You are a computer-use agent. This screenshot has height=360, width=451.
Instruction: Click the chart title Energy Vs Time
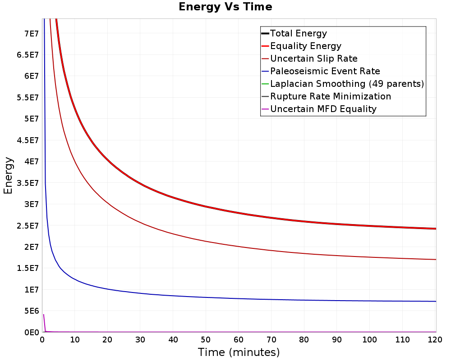(225, 7)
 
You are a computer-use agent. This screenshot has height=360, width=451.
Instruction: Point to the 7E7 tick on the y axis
(32, 34)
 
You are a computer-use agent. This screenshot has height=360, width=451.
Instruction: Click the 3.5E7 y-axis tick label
(28, 183)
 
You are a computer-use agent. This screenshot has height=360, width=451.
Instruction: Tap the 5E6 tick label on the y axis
(32, 311)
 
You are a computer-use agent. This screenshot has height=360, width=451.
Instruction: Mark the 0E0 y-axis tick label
(32, 333)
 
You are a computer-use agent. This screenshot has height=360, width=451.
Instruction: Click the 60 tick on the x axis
(239, 340)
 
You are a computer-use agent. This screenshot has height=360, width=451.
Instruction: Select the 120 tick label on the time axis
(435, 340)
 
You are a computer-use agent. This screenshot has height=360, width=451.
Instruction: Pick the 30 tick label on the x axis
(140, 340)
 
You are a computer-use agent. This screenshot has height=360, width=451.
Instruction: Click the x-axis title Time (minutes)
(239, 352)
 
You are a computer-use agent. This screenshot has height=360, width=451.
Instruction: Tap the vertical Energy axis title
(8, 175)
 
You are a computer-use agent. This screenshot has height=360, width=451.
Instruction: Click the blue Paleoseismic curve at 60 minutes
(239, 298)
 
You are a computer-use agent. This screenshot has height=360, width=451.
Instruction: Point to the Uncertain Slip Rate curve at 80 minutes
(304, 253)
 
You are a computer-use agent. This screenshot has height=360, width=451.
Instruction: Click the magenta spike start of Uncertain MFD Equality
(43, 315)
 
